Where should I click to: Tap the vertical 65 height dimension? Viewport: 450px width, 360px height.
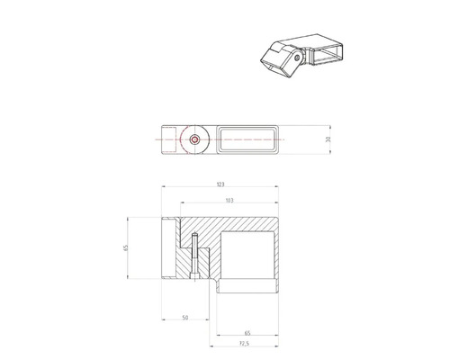127,248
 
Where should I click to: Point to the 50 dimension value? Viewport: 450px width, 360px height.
184,318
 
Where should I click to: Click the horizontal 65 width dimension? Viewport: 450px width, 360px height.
247,333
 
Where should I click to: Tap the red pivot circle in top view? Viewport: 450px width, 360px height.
195,140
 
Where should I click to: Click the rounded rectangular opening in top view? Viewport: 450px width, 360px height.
247,140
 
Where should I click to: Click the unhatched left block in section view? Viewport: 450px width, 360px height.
168,247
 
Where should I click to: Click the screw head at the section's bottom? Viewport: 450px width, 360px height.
193,277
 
